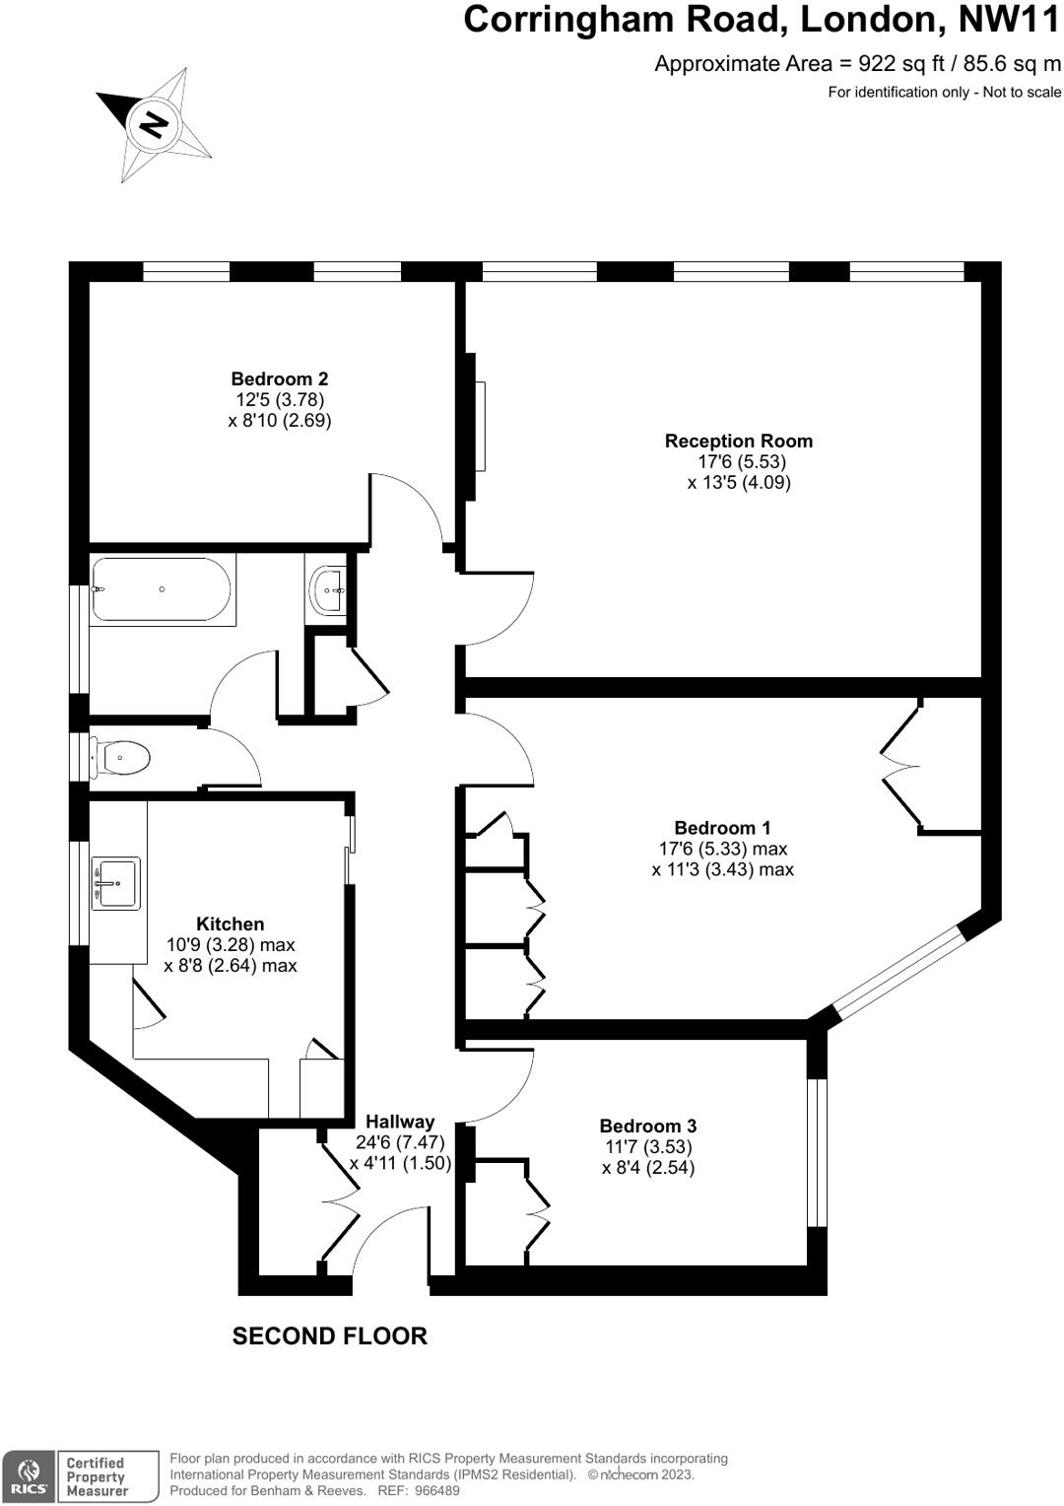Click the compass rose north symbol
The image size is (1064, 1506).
point(154,125)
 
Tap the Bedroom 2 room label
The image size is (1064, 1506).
point(280,378)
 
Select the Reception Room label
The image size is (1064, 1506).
point(738,441)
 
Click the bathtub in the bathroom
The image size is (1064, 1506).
point(162,589)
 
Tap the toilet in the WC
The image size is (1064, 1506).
point(122,758)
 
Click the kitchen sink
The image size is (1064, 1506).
point(116,882)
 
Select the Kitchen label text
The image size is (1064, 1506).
point(231,924)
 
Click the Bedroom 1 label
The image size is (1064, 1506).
point(722,828)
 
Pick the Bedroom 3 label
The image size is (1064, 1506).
point(648,1126)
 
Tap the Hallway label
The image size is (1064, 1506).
point(400,1122)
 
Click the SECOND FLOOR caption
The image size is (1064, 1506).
point(329,1335)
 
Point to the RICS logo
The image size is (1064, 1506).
point(28,1476)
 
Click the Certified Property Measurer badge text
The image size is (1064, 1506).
point(97,1476)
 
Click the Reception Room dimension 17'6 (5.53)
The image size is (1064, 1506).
point(742,461)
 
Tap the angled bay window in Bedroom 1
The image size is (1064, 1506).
point(897,972)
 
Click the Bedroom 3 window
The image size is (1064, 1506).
point(817,1153)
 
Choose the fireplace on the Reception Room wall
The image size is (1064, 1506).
point(479,427)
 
